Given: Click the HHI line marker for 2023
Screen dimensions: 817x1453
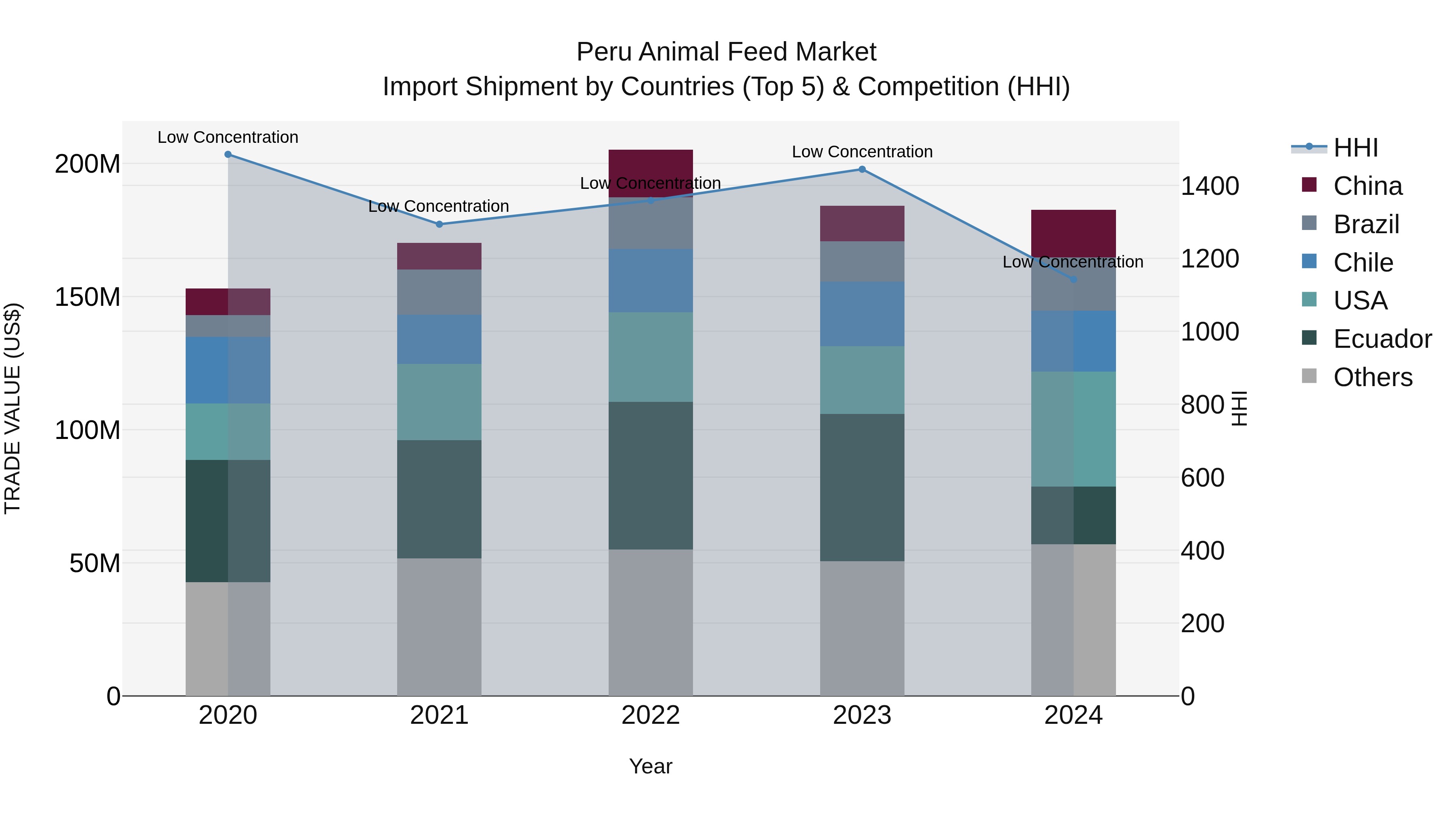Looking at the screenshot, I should click(862, 169).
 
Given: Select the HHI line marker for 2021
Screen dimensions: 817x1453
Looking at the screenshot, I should click(440, 224).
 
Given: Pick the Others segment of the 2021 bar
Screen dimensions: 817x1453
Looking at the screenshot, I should click(440, 627).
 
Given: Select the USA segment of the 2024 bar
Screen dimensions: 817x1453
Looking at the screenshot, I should click(1073, 428).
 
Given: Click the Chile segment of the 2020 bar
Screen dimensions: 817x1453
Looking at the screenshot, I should click(228, 370).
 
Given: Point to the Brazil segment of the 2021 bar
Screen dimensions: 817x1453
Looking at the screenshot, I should click(440, 292).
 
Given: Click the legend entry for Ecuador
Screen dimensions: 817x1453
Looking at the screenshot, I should click(1382, 339).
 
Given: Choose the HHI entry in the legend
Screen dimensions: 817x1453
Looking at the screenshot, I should click(1355, 148).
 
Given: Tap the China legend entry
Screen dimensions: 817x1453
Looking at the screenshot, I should click(1367, 186).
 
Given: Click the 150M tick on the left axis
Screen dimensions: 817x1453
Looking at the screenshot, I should click(88, 297).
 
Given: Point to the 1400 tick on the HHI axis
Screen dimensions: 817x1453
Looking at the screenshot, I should click(1210, 186).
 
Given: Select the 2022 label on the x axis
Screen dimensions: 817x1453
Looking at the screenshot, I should click(650, 715).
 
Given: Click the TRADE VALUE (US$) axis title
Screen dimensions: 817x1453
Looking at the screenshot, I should click(13, 408).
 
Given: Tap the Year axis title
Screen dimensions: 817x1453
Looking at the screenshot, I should click(650, 766).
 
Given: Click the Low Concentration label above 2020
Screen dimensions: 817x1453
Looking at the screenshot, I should click(228, 137).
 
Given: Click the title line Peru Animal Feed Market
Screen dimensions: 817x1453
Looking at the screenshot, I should click(726, 52).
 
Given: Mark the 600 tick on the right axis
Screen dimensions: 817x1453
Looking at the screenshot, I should click(1203, 478).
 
